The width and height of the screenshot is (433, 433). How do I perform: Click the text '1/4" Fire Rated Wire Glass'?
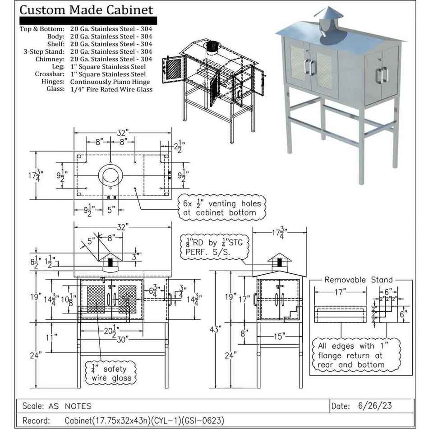(x=111, y=89)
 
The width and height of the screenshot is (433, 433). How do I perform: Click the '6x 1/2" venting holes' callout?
(x=221, y=208)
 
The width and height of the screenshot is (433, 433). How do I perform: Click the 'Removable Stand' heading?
(x=359, y=280)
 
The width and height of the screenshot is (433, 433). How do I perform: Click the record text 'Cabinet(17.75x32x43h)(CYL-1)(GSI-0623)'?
(x=144, y=421)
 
